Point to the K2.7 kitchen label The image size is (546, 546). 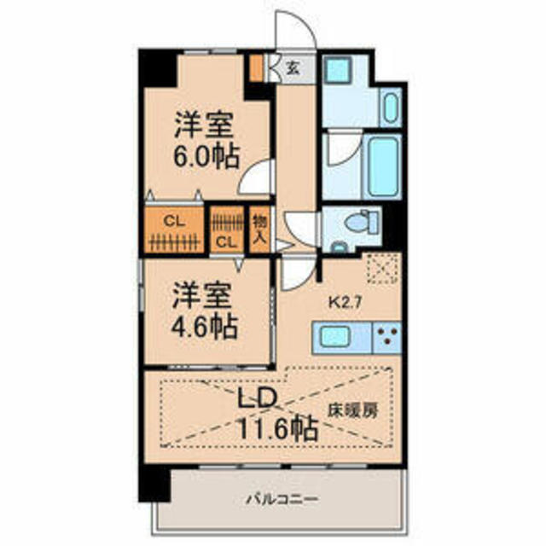pyautogui.click(x=346, y=303)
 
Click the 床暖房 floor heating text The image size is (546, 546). pyautogui.click(x=352, y=411)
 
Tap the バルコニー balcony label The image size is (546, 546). pyautogui.click(x=282, y=500)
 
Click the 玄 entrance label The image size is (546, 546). pyautogui.click(x=293, y=68)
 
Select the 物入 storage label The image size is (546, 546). pyautogui.click(x=259, y=229)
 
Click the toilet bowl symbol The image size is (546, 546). pyautogui.click(x=363, y=222)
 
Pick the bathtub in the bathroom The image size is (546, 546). pyautogui.click(x=383, y=167)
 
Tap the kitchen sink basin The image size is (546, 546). pyautogui.click(x=335, y=336)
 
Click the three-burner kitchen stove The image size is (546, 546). pyautogui.click(x=387, y=337)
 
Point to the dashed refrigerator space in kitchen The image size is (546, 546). pyautogui.click(x=382, y=269)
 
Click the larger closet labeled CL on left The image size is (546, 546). pyautogui.click(x=174, y=229)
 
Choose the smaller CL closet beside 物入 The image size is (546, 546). pyautogui.click(x=226, y=229)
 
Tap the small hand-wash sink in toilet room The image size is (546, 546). pyautogui.click(x=338, y=247)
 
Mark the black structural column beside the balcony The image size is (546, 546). pyautogui.click(x=154, y=485)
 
